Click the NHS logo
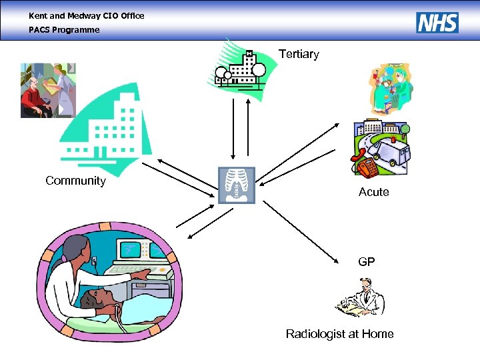click(437, 23)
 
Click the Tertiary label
click(299, 54)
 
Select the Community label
click(75, 181)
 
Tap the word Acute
click(373, 192)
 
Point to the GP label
click(366, 262)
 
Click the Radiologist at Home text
click(339, 334)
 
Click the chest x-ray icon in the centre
click(237, 185)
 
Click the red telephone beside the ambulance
click(365, 166)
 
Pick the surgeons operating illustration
click(392, 88)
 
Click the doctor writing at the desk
click(361, 297)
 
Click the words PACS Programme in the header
click(64, 30)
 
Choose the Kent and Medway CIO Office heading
click(86, 15)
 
